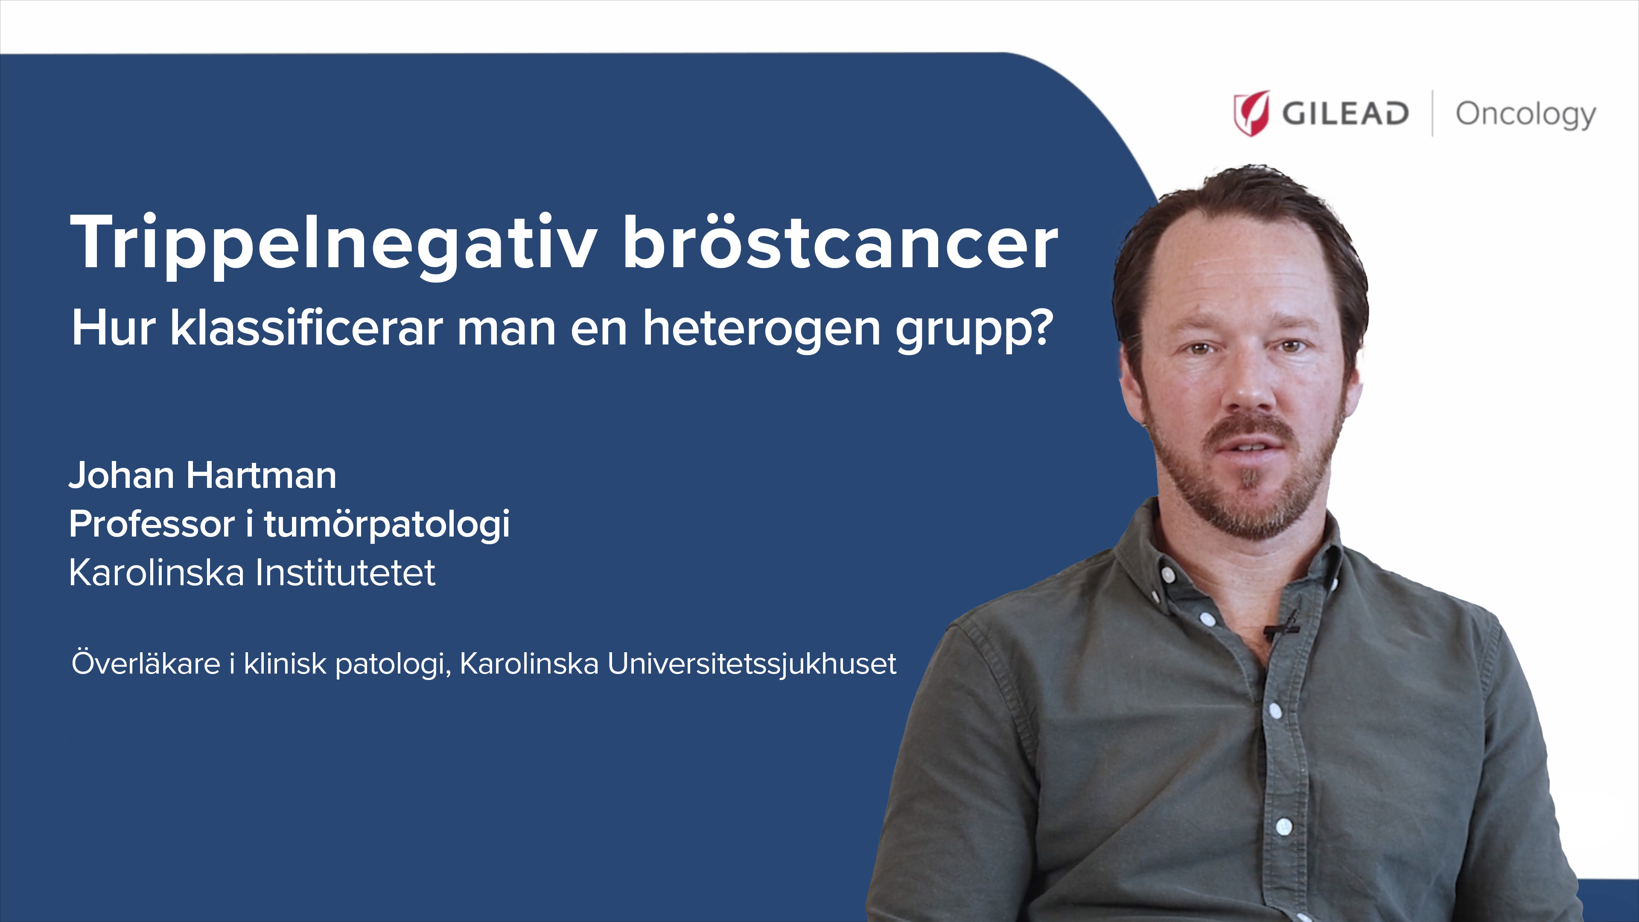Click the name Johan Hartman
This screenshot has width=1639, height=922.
(x=202, y=476)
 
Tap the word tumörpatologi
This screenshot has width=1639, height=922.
(x=387, y=525)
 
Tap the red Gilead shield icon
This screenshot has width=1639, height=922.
(x=1251, y=113)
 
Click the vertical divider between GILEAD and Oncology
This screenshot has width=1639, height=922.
(x=1432, y=113)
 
